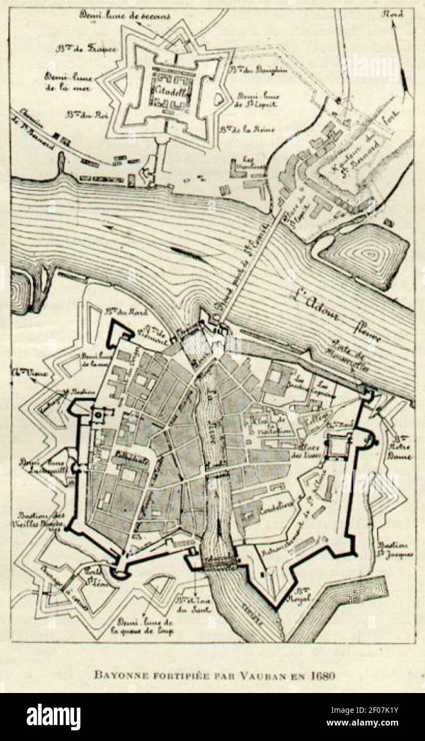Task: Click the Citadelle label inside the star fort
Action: (x=167, y=90)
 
